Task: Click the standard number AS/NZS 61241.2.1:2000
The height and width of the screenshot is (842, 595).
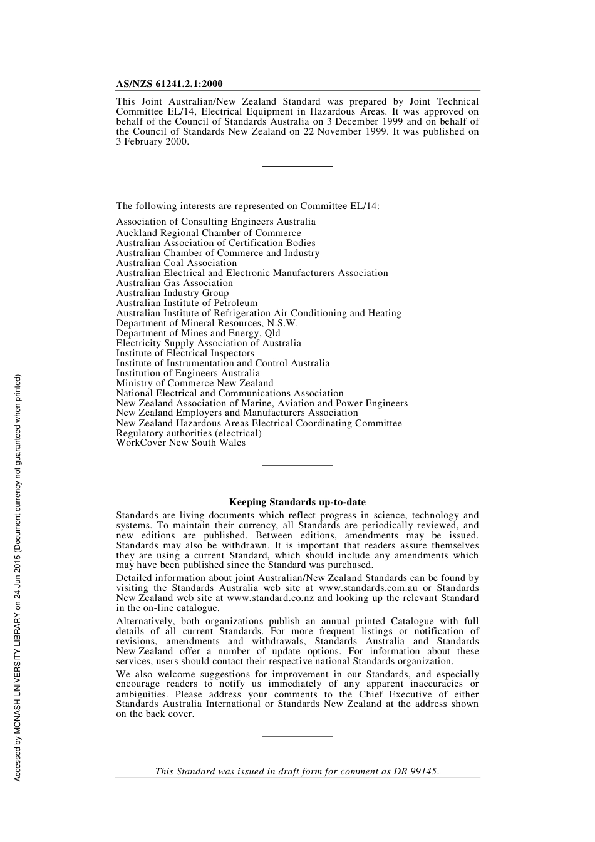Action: tap(169, 84)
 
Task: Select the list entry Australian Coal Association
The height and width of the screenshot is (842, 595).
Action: tap(176, 263)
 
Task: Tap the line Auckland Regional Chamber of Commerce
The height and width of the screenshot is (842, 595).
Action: tap(209, 233)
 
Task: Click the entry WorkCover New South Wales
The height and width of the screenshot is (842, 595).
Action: tap(180, 443)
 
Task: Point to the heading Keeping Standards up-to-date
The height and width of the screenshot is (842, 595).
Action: tap(297, 502)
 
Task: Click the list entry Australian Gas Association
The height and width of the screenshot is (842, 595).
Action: tap(174, 283)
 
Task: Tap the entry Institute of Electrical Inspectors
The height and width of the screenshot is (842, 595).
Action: tap(185, 353)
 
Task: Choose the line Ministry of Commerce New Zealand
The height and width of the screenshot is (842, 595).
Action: tap(195, 383)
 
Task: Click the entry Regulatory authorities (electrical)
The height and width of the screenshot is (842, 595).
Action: tap(189, 433)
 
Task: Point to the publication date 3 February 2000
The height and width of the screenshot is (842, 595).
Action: tap(152, 141)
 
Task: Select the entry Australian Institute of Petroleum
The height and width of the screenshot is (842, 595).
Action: tap(187, 303)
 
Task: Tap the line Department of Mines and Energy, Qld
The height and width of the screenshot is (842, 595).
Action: tap(198, 333)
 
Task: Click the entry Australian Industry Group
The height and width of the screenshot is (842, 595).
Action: tap(172, 293)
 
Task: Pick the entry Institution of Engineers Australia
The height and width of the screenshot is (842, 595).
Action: tap(188, 373)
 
